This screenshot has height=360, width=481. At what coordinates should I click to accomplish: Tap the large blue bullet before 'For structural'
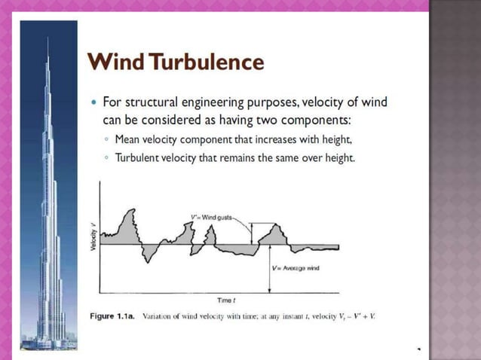pyautogui.click(x=93, y=102)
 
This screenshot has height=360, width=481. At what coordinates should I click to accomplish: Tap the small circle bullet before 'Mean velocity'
pyautogui.click(x=107, y=140)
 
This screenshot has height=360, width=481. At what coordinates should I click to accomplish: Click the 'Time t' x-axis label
pyautogui.click(x=225, y=300)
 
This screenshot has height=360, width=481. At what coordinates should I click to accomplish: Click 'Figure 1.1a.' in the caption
pyautogui.click(x=112, y=316)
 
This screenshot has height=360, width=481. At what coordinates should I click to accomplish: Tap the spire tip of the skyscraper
pyautogui.click(x=47, y=38)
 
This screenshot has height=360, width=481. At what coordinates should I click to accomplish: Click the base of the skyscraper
pyautogui.click(x=49, y=343)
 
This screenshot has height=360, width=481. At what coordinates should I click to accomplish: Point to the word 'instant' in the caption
pyautogui.click(x=296, y=316)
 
